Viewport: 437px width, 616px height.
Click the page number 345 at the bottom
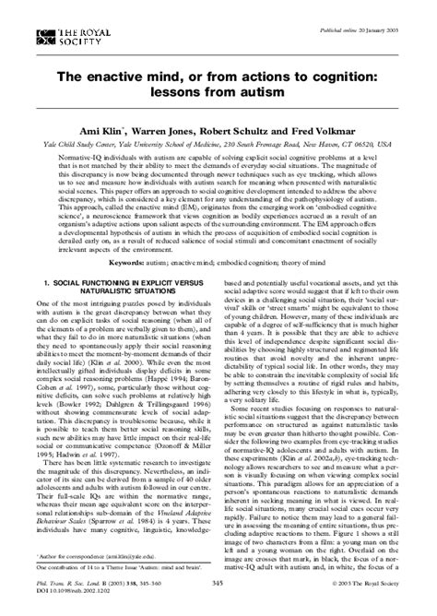pyautogui.click(x=218, y=584)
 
